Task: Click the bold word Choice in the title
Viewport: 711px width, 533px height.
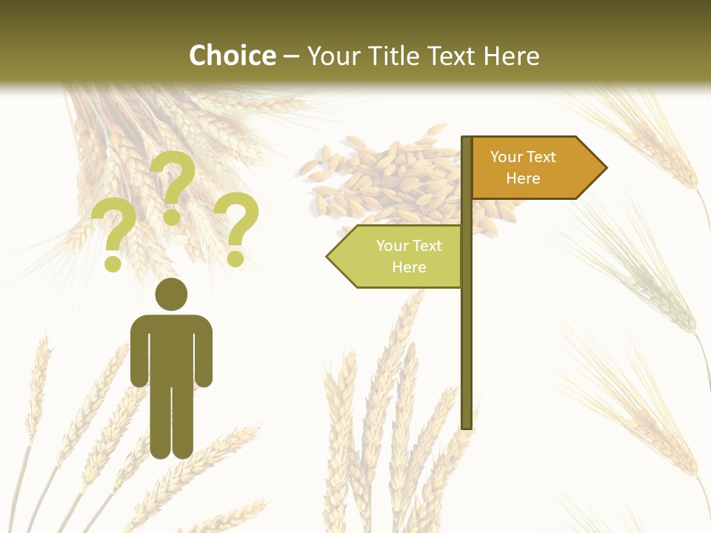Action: tap(232, 56)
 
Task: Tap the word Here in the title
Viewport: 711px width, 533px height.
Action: tap(512, 56)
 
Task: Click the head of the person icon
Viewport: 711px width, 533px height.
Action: tap(171, 295)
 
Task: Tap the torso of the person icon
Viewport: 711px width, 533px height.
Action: tap(171, 348)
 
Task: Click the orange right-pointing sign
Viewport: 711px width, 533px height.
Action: tap(530, 168)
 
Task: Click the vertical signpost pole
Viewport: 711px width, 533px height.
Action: tap(467, 333)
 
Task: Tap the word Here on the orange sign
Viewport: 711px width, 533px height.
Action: tap(523, 178)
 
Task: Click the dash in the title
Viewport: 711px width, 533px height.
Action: tap(291, 56)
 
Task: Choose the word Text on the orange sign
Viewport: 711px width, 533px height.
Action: tap(541, 157)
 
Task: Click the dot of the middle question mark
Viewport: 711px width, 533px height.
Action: tap(172, 218)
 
